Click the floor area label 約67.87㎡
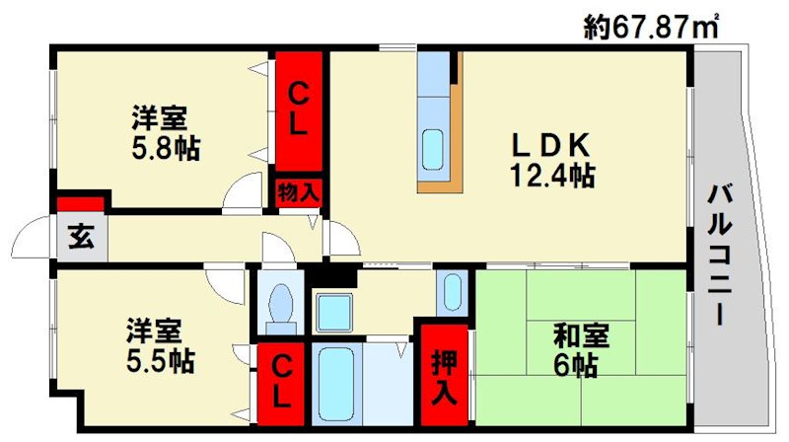(650, 27)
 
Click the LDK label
(550, 146)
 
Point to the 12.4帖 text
(551, 177)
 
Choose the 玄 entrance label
(79, 238)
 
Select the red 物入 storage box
(297, 190)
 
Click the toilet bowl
(281, 301)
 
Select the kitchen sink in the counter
(433, 148)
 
